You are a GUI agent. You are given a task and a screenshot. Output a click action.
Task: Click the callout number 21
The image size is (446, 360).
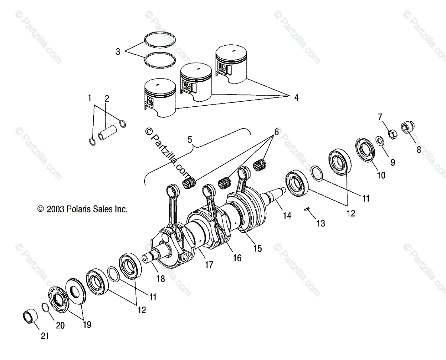[45, 336]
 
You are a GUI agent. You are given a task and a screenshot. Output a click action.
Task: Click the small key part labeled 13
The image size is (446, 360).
[307, 209]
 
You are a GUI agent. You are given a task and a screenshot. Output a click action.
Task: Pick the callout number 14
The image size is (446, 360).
[287, 215]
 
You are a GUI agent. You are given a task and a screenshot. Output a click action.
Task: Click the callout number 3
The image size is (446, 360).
[118, 52]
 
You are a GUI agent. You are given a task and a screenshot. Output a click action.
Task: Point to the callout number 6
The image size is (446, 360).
[276, 132]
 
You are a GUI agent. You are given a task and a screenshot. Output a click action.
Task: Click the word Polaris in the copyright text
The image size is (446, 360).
[79, 209]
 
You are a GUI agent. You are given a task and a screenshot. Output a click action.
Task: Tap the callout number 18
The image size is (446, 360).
[161, 279]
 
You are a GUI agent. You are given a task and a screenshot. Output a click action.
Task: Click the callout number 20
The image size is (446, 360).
[60, 325]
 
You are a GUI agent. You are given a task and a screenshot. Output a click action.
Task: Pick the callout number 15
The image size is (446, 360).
[257, 248]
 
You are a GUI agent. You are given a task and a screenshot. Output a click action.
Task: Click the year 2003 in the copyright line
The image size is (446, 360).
[55, 209]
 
